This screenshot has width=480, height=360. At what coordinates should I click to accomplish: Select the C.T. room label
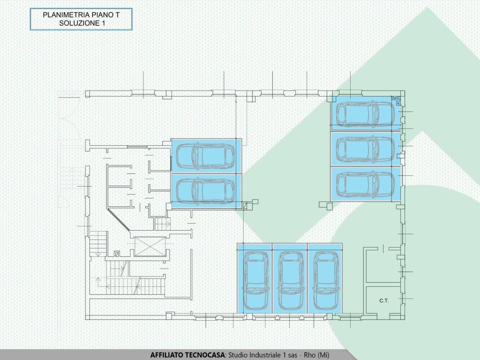click(384, 300)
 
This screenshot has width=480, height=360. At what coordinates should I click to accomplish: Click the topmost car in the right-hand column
click(366, 113)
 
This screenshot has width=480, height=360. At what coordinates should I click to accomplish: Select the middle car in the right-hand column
click(366, 149)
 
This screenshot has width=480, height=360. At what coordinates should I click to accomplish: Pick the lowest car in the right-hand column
click(366, 184)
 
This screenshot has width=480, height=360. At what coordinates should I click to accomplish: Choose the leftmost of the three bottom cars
click(255, 280)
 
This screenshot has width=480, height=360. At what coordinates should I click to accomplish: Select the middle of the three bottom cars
click(291, 280)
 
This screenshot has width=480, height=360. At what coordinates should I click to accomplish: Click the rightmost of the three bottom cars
click(326, 280)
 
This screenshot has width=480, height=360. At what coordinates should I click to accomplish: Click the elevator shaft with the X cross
click(150, 247)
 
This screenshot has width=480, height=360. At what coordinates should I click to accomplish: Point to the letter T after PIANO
click(117, 15)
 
